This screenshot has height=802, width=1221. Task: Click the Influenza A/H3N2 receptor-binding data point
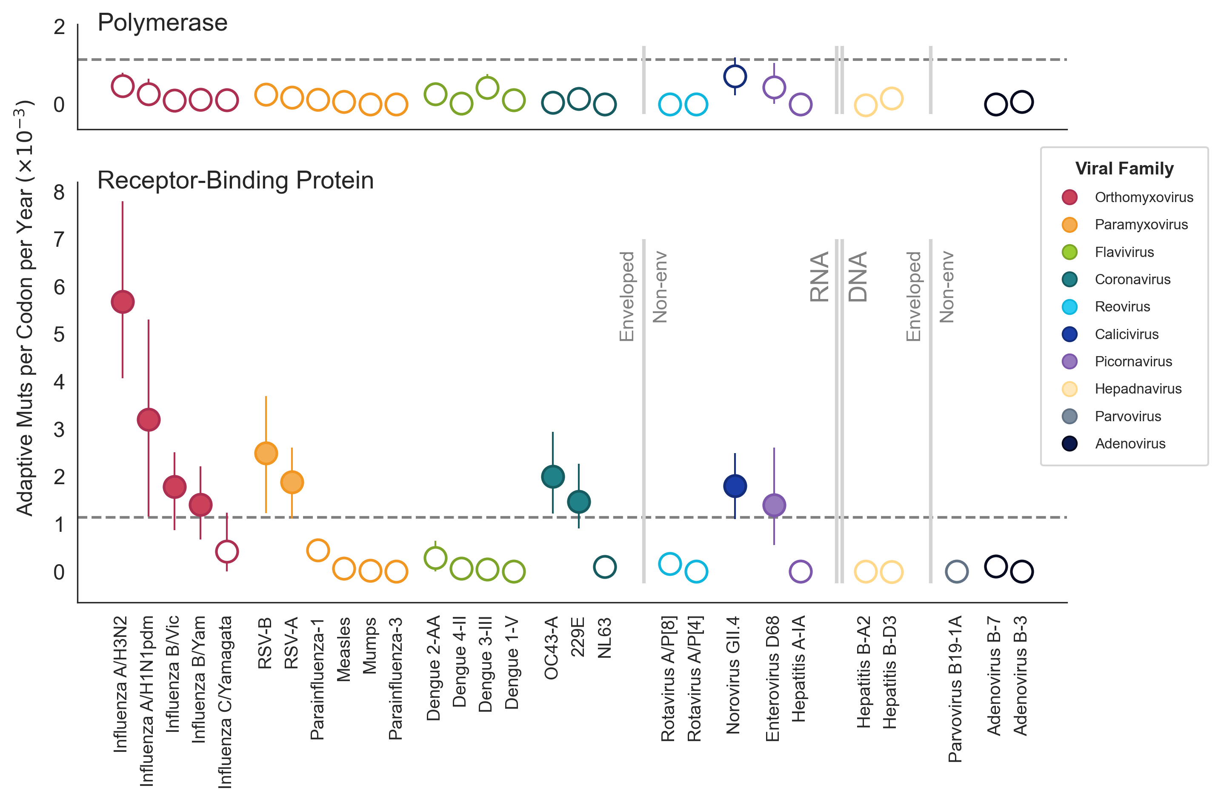(x=123, y=302)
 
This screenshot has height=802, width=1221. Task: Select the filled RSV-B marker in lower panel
(x=266, y=453)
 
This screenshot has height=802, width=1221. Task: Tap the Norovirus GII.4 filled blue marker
(x=735, y=485)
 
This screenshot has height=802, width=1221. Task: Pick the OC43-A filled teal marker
(x=552, y=477)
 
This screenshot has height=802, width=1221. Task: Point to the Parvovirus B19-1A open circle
(x=956, y=571)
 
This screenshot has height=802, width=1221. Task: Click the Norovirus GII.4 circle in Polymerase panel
(x=735, y=77)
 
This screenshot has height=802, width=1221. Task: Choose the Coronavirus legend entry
(x=1132, y=280)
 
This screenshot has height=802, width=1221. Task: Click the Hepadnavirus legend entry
(x=1138, y=389)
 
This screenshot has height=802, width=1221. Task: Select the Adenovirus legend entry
(x=1129, y=444)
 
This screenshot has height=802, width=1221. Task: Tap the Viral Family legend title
(x=1124, y=169)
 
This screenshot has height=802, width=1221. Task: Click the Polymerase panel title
(x=162, y=23)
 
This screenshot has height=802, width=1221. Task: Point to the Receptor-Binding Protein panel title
(x=235, y=180)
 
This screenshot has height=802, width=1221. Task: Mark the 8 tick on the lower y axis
(x=59, y=192)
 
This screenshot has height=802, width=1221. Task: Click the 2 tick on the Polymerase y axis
(x=59, y=27)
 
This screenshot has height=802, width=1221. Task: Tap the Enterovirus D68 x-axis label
(x=772, y=679)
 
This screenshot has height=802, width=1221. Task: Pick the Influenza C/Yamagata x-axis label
(x=225, y=702)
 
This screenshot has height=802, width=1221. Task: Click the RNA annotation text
(x=819, y=277)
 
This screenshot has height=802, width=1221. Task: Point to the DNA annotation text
(x=858, y=277)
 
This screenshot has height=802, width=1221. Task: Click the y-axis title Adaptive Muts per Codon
(x=25, y=308)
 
